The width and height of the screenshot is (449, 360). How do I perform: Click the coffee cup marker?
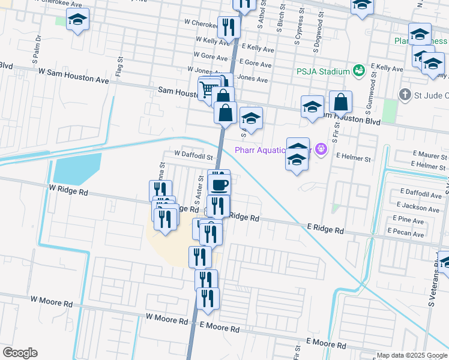(x=219, y=184)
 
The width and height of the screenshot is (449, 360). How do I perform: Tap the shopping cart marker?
(x=208, y=89)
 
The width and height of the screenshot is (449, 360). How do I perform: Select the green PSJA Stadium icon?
(x=359, y=71)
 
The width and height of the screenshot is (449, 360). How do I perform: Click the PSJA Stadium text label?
(x=323, y=71)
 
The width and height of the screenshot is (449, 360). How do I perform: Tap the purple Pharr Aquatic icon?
(x=321, y=149)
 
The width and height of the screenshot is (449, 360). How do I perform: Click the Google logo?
(x=20, y=353)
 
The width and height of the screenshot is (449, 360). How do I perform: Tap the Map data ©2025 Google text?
(x=411, y=356)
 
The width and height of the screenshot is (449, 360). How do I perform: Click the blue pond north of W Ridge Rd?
(x=77, y=169)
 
